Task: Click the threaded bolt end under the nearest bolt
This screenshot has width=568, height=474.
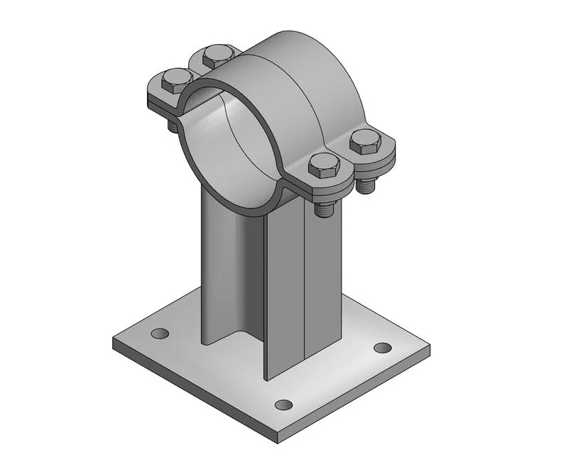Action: [325, 209]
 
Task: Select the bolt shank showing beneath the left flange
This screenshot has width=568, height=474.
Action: [173, 125]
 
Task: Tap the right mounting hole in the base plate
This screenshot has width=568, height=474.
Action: [382, 348]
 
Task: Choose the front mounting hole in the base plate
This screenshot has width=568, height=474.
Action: [283, 405]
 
